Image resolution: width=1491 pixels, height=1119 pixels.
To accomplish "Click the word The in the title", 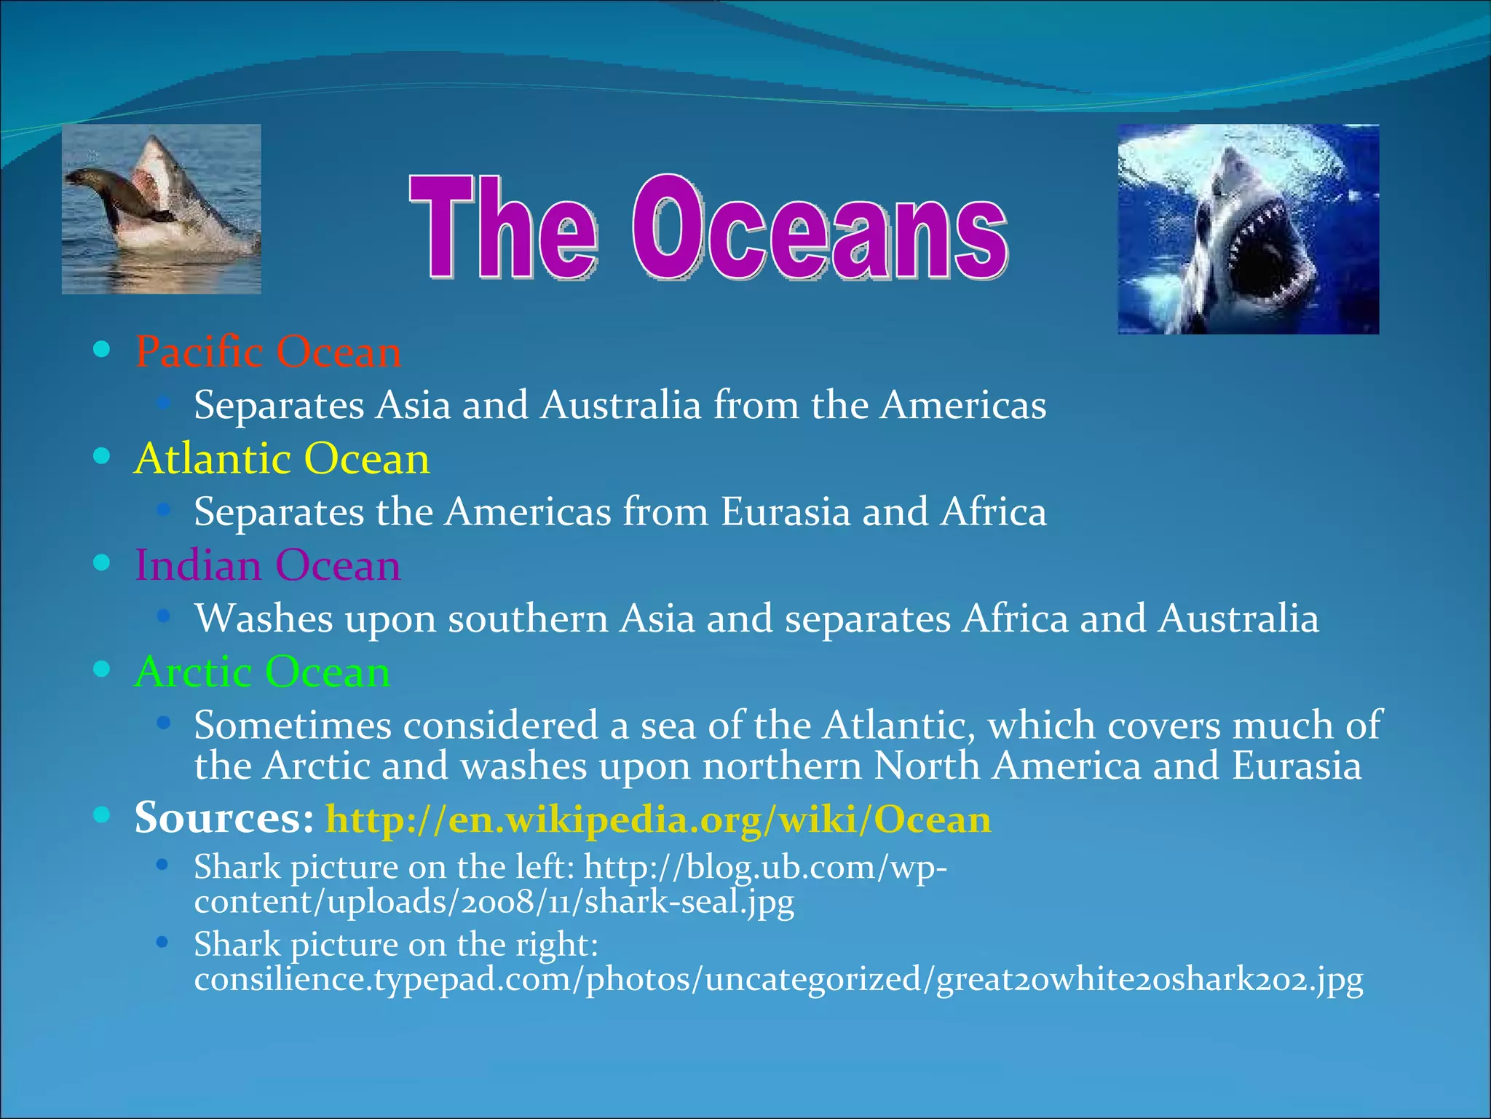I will [503, 228].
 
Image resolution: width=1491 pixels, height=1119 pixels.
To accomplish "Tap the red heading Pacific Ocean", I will [268, 352].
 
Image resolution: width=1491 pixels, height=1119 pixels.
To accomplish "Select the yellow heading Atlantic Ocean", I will [282, 459].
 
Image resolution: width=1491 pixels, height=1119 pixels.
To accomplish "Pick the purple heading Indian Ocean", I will [268, 565].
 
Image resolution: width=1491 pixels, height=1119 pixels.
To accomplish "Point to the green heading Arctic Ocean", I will [262, 672].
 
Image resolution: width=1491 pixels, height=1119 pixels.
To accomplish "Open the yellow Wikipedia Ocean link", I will [658, 820].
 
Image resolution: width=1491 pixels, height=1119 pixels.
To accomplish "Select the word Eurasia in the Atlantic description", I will [786, 511].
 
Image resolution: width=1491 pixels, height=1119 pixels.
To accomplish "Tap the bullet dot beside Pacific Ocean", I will [102, 350].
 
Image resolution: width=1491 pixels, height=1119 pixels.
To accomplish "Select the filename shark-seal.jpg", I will [689, 903].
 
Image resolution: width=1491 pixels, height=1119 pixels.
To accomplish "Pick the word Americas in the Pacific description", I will [962, 405].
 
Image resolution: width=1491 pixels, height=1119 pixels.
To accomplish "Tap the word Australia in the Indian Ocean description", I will [1238, 619].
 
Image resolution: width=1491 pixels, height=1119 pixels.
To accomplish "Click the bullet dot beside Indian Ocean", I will [102, 563].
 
